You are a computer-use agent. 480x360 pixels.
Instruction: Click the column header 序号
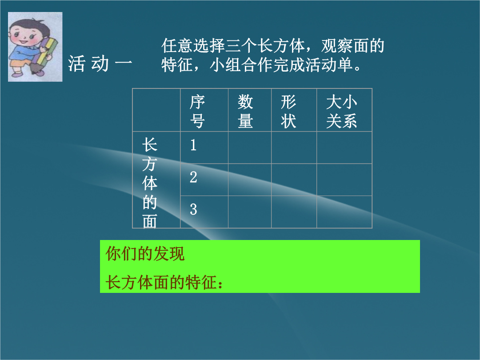tap(197, 111)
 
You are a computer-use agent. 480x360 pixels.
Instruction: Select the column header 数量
tap(245, 111)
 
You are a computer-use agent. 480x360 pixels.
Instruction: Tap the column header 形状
tap(288, 111)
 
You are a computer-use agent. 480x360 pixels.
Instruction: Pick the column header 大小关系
tap(341, 111)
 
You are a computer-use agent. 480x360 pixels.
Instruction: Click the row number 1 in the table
tap(193, 145)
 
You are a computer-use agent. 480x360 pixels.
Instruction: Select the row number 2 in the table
tap(193, 177)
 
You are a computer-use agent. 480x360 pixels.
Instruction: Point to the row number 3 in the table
tap(193, 209)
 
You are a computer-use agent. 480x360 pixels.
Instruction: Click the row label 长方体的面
tap(150, 183)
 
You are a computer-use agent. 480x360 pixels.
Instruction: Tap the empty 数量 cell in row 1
tap(250, 148)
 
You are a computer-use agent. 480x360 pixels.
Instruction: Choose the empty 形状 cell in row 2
tap(294, 180)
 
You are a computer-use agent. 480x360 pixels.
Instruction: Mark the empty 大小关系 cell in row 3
tap(344, 212)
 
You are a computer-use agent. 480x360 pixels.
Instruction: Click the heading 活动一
tap(100, 64)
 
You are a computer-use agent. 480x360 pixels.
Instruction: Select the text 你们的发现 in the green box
tap(145, 253)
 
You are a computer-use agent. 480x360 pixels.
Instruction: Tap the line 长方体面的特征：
tap(164, 282)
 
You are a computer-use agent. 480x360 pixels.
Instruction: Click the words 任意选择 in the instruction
tap(193, 46)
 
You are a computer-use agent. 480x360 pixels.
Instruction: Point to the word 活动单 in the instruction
tap(329, 65)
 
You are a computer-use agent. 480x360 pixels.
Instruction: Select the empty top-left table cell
tap(156, 110)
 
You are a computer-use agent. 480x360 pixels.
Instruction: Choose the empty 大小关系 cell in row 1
tap(344, 148)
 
